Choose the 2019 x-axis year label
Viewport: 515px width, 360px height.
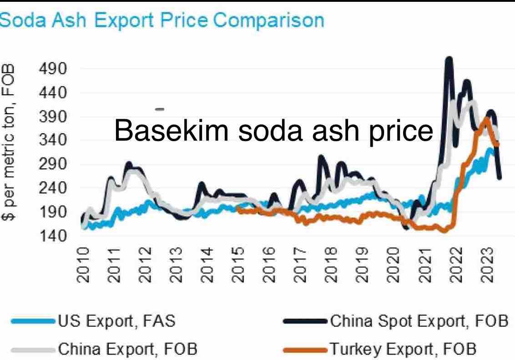(x=361, y=265)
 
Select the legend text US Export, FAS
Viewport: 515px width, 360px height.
(x=116, y=321)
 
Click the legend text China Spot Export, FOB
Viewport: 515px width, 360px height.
(x=419, y=321)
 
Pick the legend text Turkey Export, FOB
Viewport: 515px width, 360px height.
(x=402, y=349)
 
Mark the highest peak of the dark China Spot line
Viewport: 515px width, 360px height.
(x=449, y=58)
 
